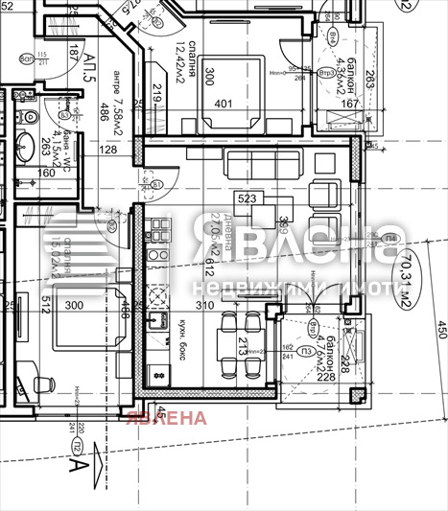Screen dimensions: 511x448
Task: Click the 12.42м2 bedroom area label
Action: tap(179, 63)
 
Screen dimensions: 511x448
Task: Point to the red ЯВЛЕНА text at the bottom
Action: tap(165, 418)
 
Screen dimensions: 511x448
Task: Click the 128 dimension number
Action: tap(106, 149)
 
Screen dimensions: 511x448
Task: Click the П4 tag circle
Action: tap(388, 239)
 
